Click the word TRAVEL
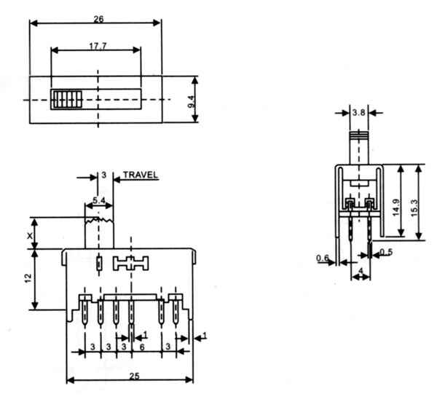point(140,176)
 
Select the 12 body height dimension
point(28,280)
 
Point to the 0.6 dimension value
point(322,257)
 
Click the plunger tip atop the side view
point(358,135)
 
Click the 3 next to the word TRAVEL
point(104,176)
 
